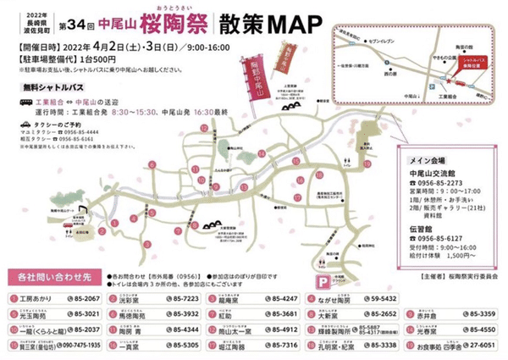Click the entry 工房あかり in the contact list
click(x=42, y=300)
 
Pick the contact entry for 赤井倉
click(x=421, y=314)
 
